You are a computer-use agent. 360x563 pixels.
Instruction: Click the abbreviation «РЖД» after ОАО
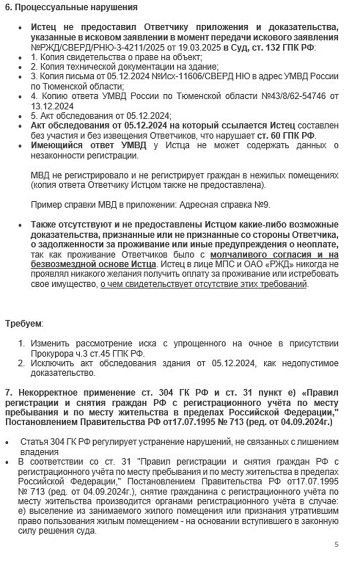[x=252, y=263]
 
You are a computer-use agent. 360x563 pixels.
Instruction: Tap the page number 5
[x=336, y=544]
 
